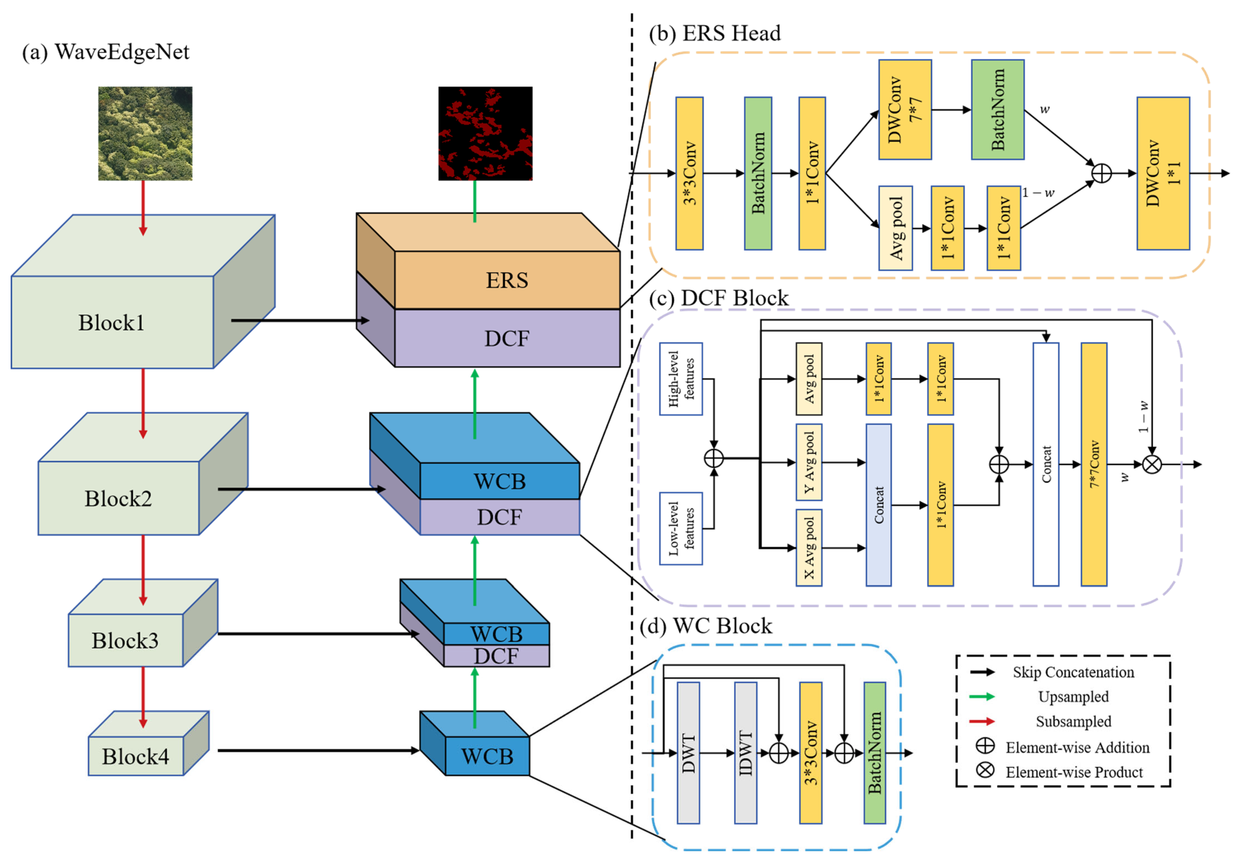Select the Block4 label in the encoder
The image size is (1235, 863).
coord(135,756)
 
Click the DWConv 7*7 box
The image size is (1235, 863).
coord(905,110)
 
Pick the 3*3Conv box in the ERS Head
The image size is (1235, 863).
coord(689,173)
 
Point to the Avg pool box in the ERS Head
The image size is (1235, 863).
coord(895,228)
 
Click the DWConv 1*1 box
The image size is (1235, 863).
coord(1163,173)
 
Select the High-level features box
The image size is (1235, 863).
coord(681,379)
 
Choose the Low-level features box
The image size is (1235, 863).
coord(681,528)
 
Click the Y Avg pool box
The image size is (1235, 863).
coord(808,462)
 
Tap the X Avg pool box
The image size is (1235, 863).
coord(808,548)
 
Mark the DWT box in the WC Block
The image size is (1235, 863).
coord(688,753)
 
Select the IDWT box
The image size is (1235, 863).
coord(745,753)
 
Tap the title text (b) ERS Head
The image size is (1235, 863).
coord(714,33)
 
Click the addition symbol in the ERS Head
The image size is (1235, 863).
coord(1102,173)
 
